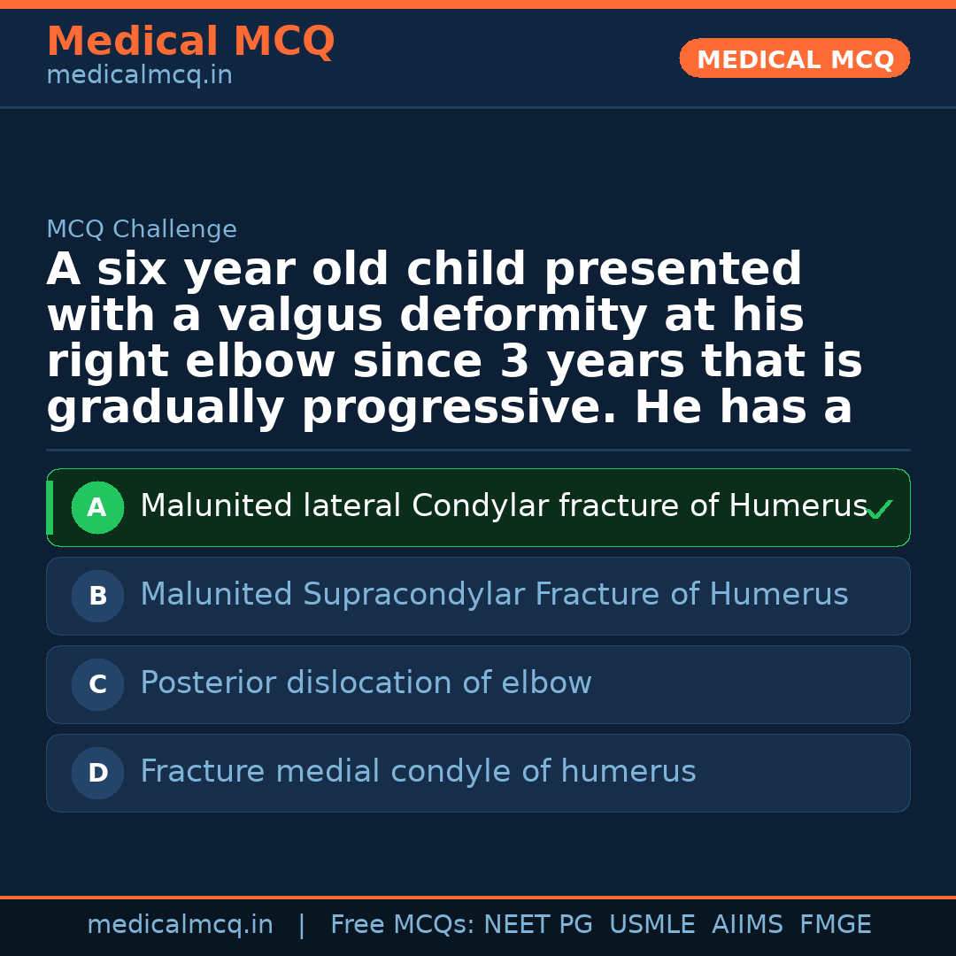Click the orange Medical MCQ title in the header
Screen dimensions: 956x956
tap(190, 42)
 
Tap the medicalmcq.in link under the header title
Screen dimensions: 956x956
tap(139, 76)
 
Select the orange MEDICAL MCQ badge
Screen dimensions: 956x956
tap(795, 59)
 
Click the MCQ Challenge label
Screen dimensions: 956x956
tap(142, 229)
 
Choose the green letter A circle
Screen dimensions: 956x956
tap(97, 507)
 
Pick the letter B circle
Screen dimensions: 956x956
tap(97, 596)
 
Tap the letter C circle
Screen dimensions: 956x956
tap(97, 684)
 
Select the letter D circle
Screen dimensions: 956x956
tap(97, 773)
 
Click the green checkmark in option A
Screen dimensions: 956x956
tap(879, 510)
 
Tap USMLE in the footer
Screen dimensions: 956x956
tap(652, 925)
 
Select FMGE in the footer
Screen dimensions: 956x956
tap(836, 925)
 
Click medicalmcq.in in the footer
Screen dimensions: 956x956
tap(180, 925)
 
